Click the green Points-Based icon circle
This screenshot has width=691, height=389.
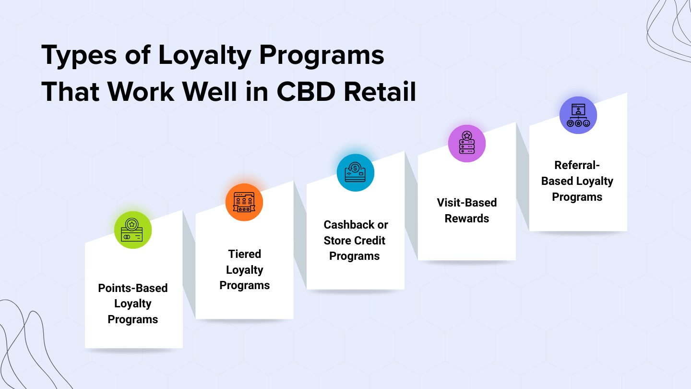pos(133,230)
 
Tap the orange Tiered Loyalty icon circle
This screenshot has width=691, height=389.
pos(244,202)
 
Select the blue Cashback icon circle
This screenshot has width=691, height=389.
pos(356,173)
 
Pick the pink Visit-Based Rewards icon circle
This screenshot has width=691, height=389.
pos(467,144)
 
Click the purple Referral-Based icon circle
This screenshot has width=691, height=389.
pos(578,115)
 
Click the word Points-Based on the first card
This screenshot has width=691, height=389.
pos(133,288)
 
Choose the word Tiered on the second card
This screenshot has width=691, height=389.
pos(245,254)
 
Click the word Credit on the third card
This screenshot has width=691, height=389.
pos(369,241)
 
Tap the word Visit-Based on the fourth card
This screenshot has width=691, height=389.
pos(467,203)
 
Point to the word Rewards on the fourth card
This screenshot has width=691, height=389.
pos(467,219)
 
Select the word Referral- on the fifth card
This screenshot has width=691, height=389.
pos(577,165)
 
